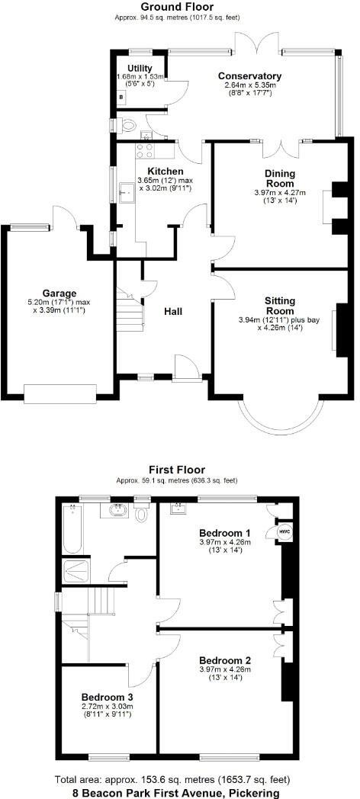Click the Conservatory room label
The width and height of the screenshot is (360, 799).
[249, 76]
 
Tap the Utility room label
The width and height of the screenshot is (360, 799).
[140, 69]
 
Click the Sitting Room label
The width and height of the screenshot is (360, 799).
[280, 306]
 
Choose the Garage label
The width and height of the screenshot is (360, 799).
[59, 293]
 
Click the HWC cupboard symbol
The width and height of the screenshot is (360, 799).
[283, 531]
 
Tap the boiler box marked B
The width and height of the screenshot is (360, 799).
[122, 98]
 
